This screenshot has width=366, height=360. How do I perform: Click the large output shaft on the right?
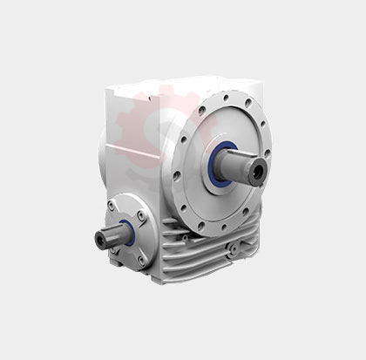click(240, 166)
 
